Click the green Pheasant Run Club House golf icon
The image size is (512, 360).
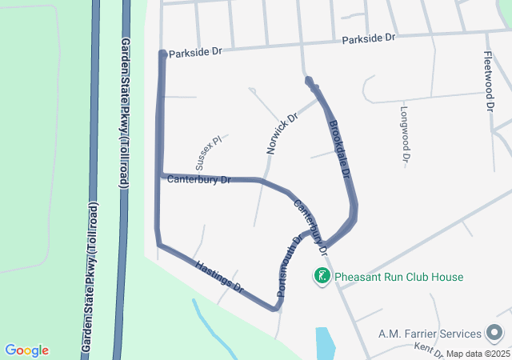coord(322,277)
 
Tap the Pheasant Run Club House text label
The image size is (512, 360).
coord(398,278)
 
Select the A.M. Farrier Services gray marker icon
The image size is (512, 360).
coord(494,333)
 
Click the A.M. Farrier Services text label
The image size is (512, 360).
coord(430,333)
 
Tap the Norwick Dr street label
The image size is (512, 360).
coord(282,134)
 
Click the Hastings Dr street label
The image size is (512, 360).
coord(218,274)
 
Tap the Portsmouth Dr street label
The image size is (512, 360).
coord(289,266)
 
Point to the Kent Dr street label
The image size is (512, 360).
coord(429,350)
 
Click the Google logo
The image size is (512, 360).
coord(26,350)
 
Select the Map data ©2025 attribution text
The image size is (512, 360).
coord(477,354)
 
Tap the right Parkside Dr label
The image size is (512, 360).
coord(369,38)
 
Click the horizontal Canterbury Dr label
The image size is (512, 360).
coord(198,179)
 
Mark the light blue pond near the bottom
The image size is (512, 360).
coord(326,342)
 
